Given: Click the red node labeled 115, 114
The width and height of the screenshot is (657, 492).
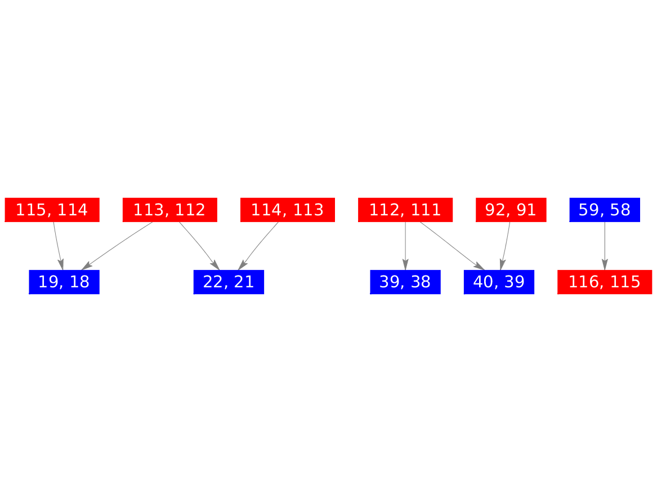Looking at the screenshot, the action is [52, 210].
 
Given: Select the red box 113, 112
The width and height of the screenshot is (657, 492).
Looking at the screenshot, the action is [169, 210].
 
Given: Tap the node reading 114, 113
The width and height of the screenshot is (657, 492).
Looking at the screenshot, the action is [288, 210].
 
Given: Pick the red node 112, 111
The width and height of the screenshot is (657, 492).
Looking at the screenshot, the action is [405, 210].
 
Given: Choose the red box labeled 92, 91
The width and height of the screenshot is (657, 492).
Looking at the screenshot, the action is [511, 210].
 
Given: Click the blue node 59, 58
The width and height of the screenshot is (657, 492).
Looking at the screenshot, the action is [605, 210].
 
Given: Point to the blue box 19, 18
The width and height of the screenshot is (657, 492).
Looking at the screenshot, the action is [64, 282].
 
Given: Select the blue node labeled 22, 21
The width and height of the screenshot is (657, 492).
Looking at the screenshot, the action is [229, 282].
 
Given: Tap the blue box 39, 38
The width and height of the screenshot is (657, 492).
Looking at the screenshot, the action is [405, 282].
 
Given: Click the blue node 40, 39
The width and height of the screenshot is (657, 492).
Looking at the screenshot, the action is [499, 282].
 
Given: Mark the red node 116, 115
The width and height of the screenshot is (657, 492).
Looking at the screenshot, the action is [605, 282].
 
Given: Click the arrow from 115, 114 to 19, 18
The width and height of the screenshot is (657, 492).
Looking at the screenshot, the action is [57, 246].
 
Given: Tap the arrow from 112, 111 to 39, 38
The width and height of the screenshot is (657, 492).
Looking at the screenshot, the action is [405, 246].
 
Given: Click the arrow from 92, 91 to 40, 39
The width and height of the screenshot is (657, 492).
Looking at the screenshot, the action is [506, 246].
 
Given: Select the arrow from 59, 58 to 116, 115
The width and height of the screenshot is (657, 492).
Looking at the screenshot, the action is [605, 246].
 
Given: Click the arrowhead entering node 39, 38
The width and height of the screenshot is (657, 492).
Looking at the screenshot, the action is [405, 265].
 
